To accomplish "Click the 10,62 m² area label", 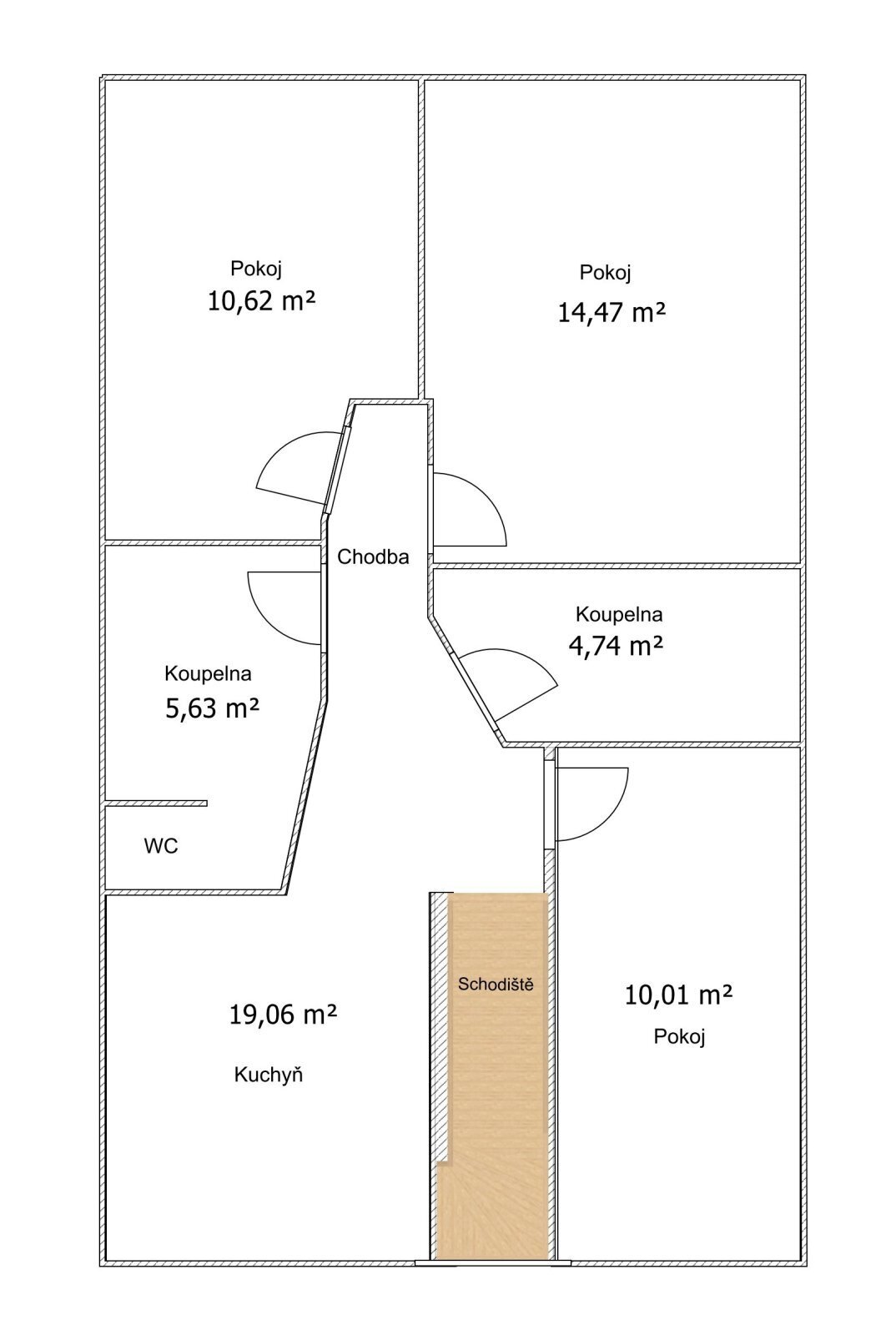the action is (x=260, y=300).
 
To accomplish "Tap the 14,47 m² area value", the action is (x=611, y=312).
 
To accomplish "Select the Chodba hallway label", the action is (x=373, y=557).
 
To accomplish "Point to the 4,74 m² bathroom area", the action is (x=616, y=645).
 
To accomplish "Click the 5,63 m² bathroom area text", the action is (x=212, y=708).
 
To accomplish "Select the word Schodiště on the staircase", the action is (x=496, y=984).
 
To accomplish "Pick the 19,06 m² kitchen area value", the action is (x=283, y=1015).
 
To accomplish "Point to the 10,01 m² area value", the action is (x=678, y=995).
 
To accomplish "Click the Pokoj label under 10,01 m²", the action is (x=679, y=1037).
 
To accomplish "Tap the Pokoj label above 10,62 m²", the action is (x=256, y=268).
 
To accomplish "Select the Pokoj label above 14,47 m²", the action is (x=606, y=272).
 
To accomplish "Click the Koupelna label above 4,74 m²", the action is (x=619, y=614).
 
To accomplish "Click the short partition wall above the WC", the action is (x=156, y=804).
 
